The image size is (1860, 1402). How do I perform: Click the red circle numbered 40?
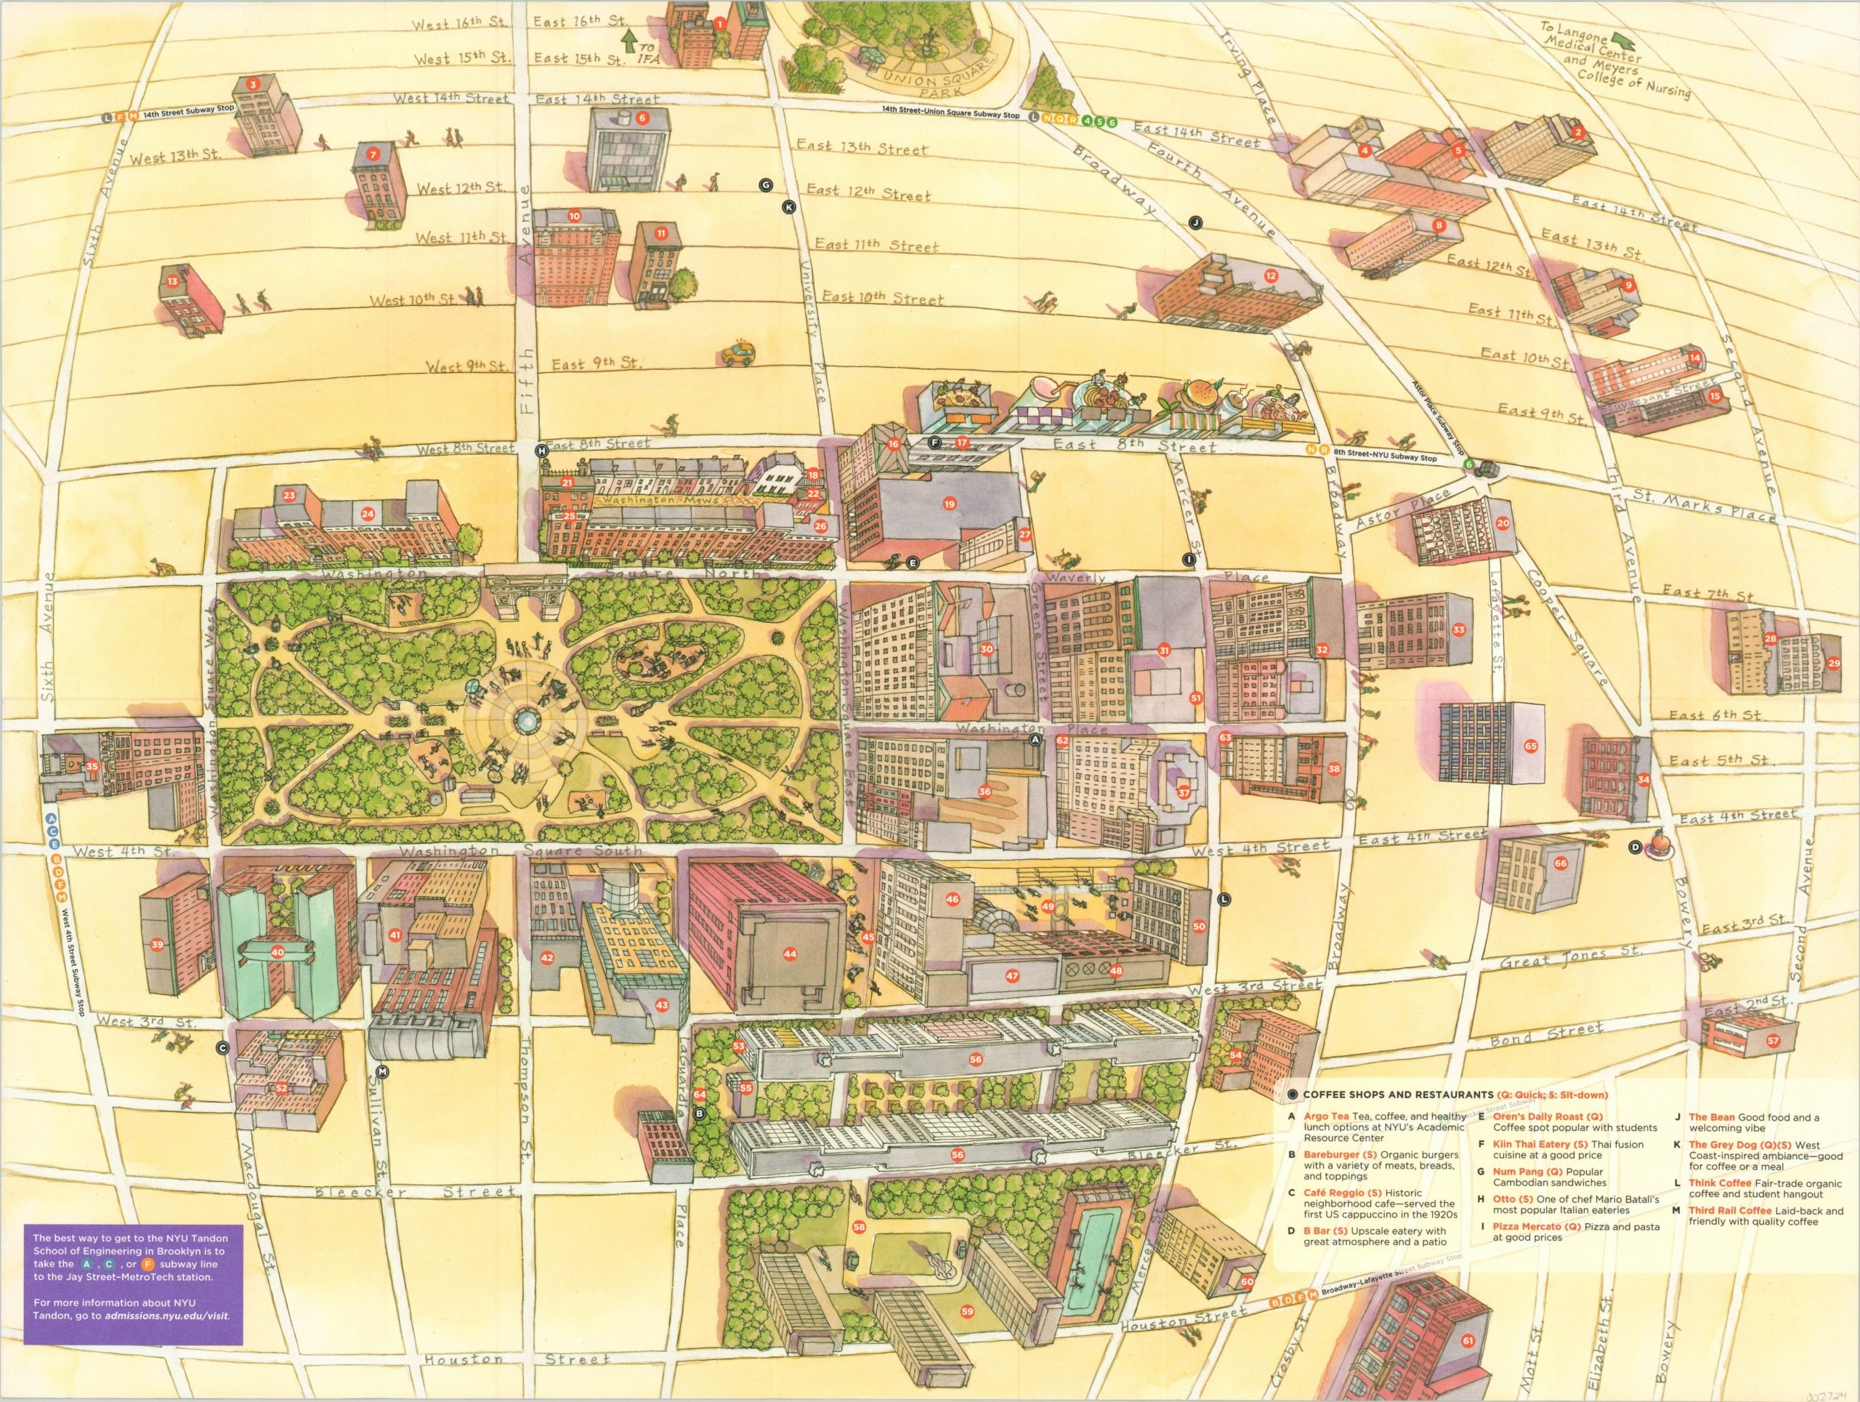277,952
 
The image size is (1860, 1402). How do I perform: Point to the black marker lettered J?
1196,222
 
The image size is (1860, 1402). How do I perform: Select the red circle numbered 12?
1271,275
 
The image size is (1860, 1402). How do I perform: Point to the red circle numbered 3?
251,84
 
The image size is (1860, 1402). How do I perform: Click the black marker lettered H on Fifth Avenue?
542,451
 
